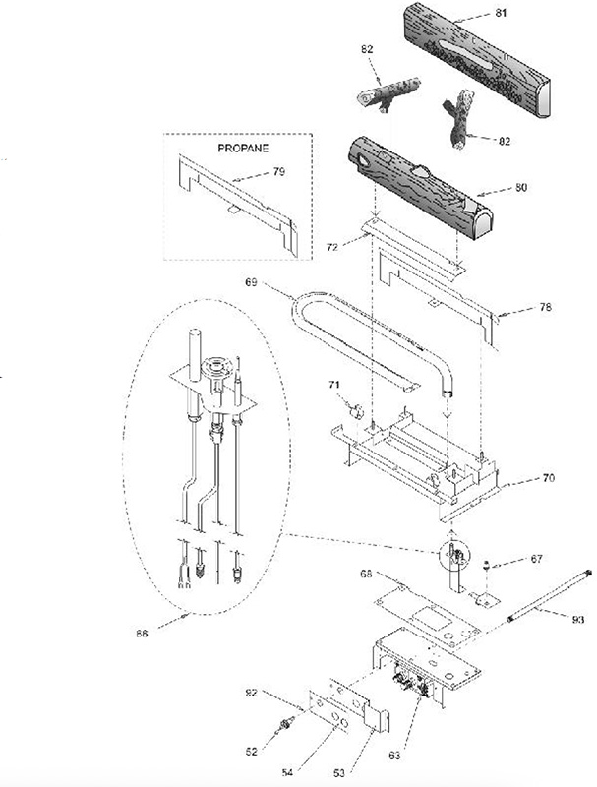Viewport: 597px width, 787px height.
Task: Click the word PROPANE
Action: pos(243,149)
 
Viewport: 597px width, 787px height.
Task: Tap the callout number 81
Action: pos(501,13)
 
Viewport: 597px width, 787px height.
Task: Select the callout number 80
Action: pos(521,187)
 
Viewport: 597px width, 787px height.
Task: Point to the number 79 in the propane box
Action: pos(279,171)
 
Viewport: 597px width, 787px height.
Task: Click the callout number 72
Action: pos(332,247)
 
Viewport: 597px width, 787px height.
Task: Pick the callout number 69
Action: pos(251,282)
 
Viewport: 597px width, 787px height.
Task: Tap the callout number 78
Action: pos(545,307)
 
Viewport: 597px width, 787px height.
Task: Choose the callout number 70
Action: pos(549,478)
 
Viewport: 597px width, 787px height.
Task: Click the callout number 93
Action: pos(578,620)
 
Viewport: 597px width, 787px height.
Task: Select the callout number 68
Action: pos(366,574)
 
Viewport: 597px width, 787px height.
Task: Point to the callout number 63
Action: pos(394,755)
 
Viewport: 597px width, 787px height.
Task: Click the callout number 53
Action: pos(339,773)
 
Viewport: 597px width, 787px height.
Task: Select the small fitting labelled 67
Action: pos(485,567)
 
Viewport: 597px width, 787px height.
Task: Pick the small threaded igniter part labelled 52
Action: pos(286,724)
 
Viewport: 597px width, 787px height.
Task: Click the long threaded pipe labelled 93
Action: pos(549,597)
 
